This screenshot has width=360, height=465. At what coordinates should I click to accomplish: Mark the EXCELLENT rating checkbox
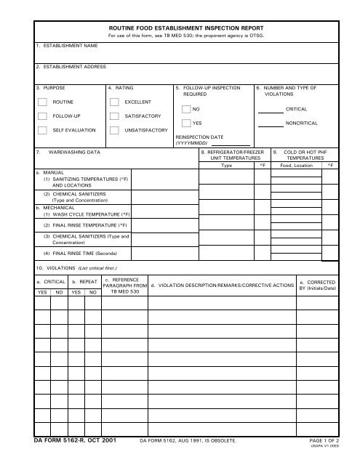[x=114, y=102]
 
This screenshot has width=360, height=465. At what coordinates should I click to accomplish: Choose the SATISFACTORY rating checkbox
[x=114, y=116]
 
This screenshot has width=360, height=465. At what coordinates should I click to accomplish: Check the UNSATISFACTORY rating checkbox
[x=114, y=131]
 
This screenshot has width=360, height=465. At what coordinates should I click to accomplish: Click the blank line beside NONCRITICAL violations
[x=271, y=126]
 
